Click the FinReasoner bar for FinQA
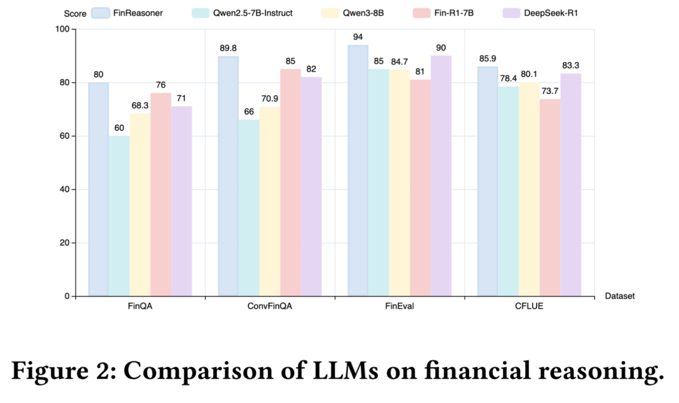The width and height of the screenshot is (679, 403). point(98,189)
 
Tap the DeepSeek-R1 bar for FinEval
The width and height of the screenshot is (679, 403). point(441,176)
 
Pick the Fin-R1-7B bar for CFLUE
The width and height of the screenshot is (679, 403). point(550,198)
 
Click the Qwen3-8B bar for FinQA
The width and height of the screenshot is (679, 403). point(140,205)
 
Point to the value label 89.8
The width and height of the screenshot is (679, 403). point(228,48)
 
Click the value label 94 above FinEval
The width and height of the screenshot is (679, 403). point(358,37)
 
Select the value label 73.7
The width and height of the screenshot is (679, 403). point(550,91)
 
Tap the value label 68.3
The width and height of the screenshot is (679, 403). point(140,105)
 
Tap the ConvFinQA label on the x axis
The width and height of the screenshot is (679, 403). point(270,307)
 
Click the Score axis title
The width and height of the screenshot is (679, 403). point(75,13)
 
